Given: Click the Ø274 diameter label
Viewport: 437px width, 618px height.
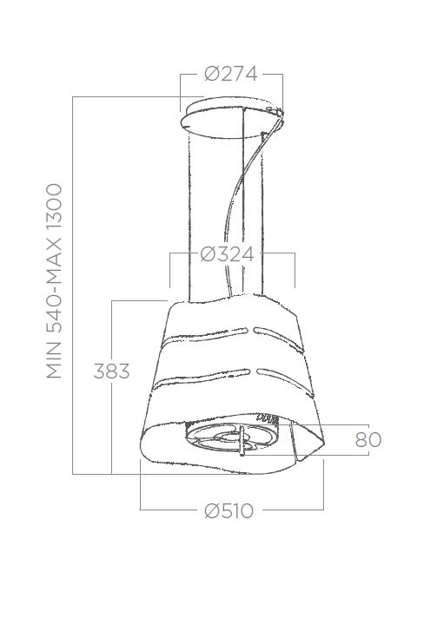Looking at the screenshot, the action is coord(231,74).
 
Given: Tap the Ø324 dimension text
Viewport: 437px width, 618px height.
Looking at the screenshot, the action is coord(227,254).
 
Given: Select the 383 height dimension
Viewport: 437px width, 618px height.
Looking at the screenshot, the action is coord(111,371).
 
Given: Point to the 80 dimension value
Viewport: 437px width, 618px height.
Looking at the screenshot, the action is coord(368,440).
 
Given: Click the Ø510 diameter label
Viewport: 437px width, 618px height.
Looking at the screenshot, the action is coord(228,510).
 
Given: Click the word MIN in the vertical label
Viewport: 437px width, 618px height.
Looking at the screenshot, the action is coord(55,360).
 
